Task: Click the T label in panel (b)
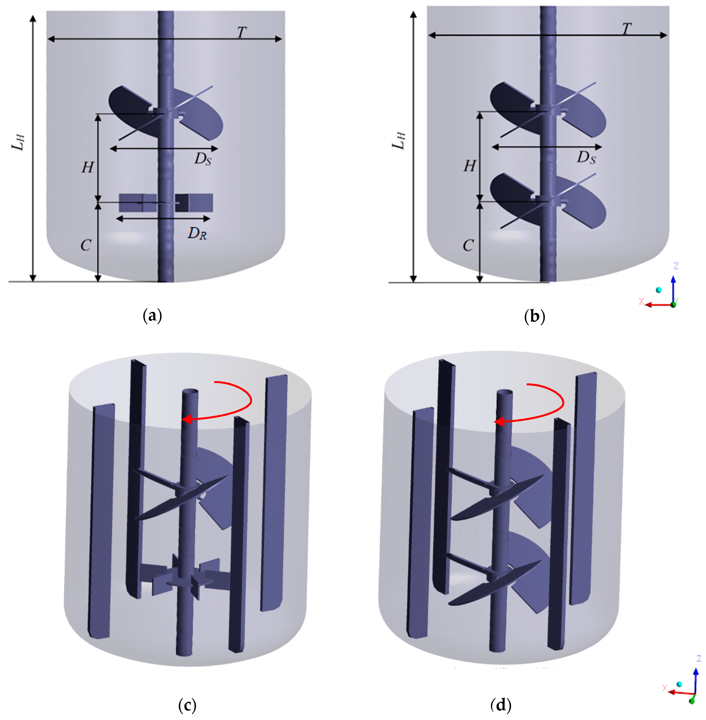click(x=627, y=29)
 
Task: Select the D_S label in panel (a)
click(x=203, y=159)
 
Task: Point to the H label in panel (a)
click(x=88, y=167)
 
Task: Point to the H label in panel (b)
click(x=470, y=166)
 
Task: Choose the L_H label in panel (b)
click(x=399, y=141)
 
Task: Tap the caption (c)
click(x=187, y=705)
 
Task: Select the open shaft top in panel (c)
click(x=190, y=392)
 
